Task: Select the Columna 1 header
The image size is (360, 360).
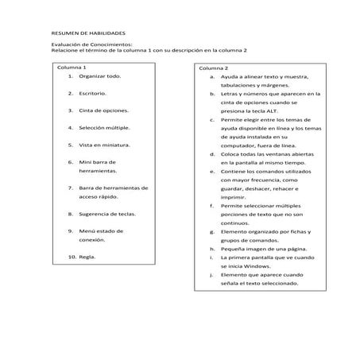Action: click(x=72, y=68)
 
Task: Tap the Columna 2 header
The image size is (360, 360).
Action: click(x=214, y=68)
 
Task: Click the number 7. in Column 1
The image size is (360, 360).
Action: click(x=71, y=188)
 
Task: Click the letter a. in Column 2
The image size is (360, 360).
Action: click(x=212, y=77)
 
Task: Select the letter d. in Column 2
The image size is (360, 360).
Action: click(x=212, y=153)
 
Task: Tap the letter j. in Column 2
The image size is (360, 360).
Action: click(x=212, y=274)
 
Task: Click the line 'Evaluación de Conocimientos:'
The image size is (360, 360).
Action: click(x=92, y=45)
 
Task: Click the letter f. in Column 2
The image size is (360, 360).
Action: click(x=212, y=206)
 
